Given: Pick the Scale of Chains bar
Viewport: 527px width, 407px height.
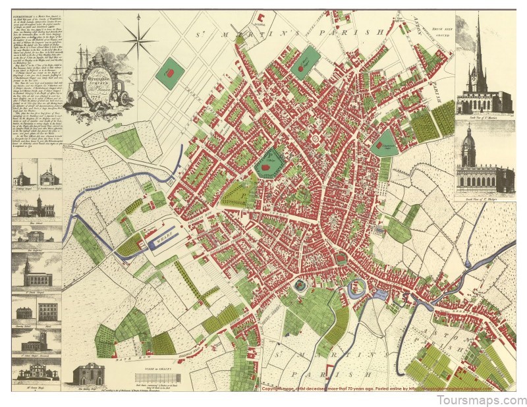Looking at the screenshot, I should click(x=159, y=377).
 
